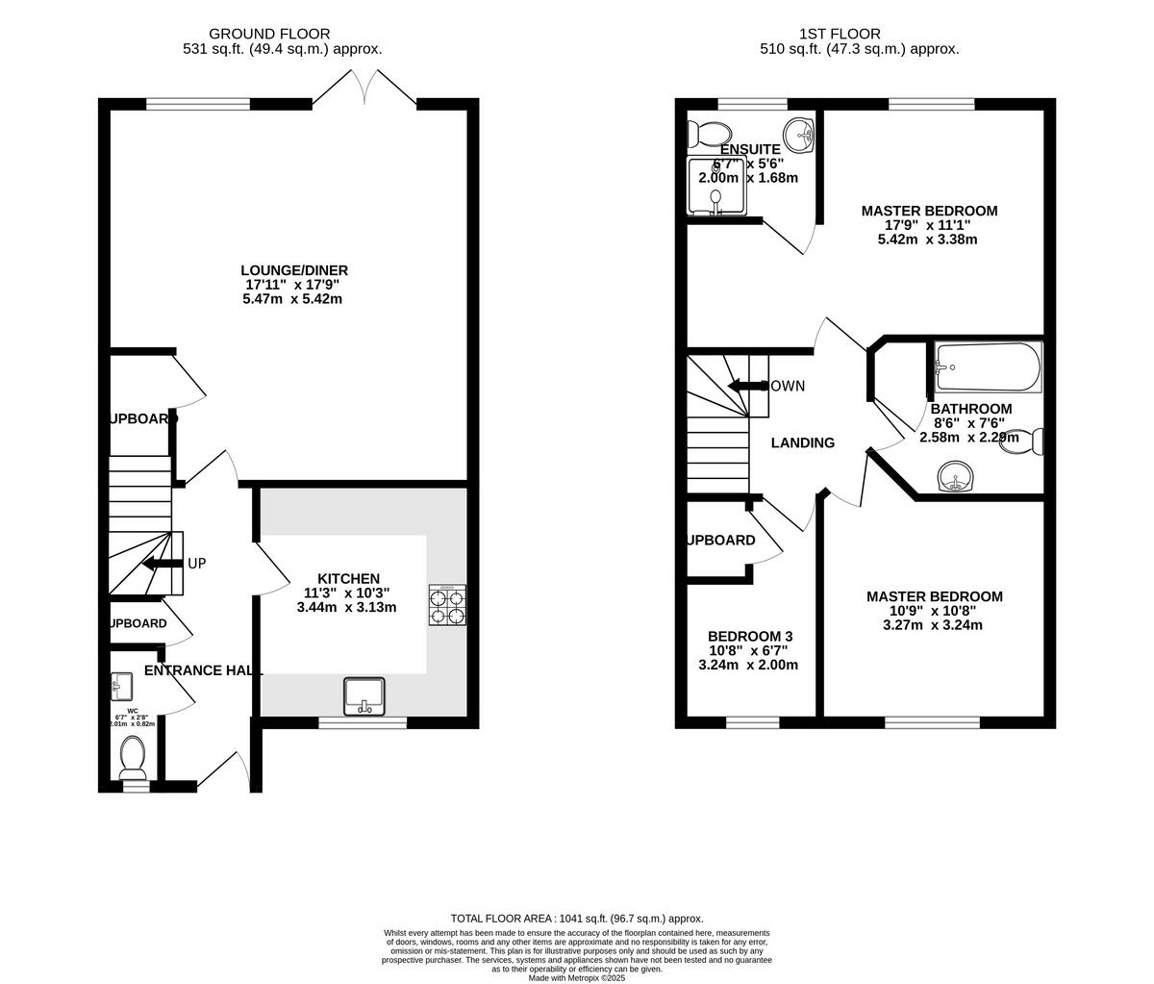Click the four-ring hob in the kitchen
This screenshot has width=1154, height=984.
(x=447, y=606)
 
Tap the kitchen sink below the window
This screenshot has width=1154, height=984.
(x=364, y=695)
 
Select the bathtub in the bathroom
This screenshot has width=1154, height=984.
(x=988, y=366)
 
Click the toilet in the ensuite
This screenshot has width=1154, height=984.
(x=712, y=133)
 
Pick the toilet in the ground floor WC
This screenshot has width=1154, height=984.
(x=133, y=758)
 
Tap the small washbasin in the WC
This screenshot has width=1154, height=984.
(x=121, y=685)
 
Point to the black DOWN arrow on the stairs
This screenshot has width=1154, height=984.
(x=746, y=386)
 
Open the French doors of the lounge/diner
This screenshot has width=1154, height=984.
(x=364, y=89)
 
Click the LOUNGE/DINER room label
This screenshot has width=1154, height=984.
(x=294, y=270)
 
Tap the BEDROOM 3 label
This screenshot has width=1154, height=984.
(x=750, y=637)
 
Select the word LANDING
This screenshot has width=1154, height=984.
(x=803, y=443)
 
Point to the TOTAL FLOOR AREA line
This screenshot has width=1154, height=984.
(x=577, y=919)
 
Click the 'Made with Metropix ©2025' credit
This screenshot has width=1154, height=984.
(x=577, y=977)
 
